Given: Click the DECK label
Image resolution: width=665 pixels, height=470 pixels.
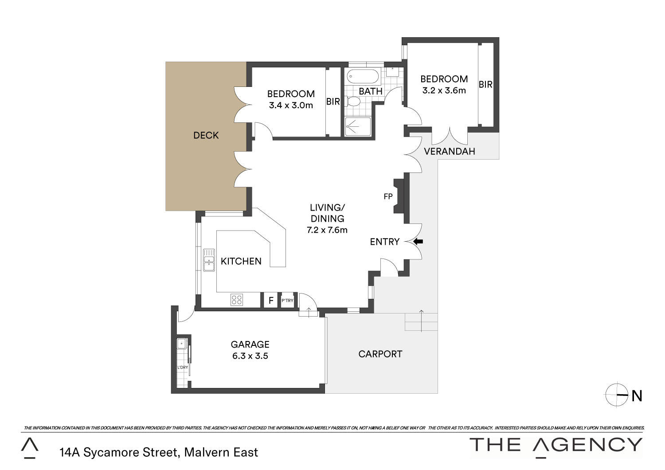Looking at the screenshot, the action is pos(206,135).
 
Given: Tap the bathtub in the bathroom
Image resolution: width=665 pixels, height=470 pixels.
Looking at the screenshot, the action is pos(363,77).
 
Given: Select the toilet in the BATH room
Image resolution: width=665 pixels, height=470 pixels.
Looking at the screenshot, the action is pos(352,102).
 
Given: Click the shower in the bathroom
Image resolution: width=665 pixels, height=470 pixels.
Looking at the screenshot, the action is pos(358,127).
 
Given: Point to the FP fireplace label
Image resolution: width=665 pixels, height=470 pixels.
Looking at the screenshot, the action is pos(388,196).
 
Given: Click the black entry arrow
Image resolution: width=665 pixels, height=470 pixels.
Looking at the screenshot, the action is pos(418,242).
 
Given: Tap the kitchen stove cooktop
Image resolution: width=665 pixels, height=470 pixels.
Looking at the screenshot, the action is pos(237,300).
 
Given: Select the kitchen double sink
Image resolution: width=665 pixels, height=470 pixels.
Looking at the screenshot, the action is pos(209,260).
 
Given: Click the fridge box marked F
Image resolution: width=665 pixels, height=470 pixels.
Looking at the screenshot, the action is pos(271,300).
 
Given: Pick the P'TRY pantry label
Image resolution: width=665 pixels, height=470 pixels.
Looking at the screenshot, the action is pos(287,301).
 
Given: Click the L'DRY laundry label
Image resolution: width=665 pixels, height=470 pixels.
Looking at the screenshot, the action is pos(183,367).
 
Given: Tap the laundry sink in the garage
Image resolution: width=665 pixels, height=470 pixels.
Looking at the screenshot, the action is pos(181,344).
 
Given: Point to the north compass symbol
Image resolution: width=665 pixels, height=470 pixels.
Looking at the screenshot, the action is pos(617,395).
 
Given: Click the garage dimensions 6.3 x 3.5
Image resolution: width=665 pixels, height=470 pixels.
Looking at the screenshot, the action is pos(250,356).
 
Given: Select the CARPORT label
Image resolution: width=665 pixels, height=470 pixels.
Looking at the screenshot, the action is pos(380,354).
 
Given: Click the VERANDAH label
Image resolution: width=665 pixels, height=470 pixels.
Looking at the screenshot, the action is pos(450,152).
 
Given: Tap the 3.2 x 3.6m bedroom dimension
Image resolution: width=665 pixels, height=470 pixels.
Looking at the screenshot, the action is pos(444,90).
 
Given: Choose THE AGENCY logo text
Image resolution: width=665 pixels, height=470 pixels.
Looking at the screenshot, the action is pos(556,446).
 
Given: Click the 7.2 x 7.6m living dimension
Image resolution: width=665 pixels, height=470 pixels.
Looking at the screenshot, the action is pos(327,230).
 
